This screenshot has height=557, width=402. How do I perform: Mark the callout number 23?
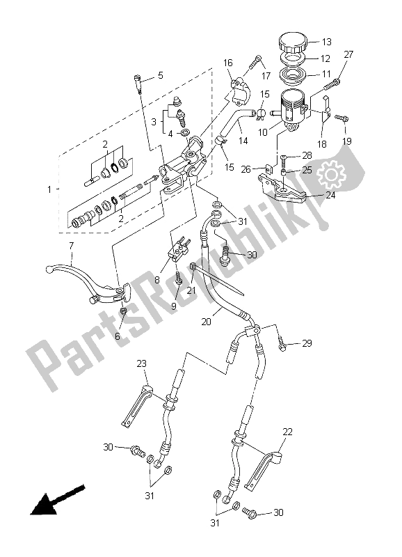click(141, 363)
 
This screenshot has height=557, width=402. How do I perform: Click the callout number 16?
click(227, 63)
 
